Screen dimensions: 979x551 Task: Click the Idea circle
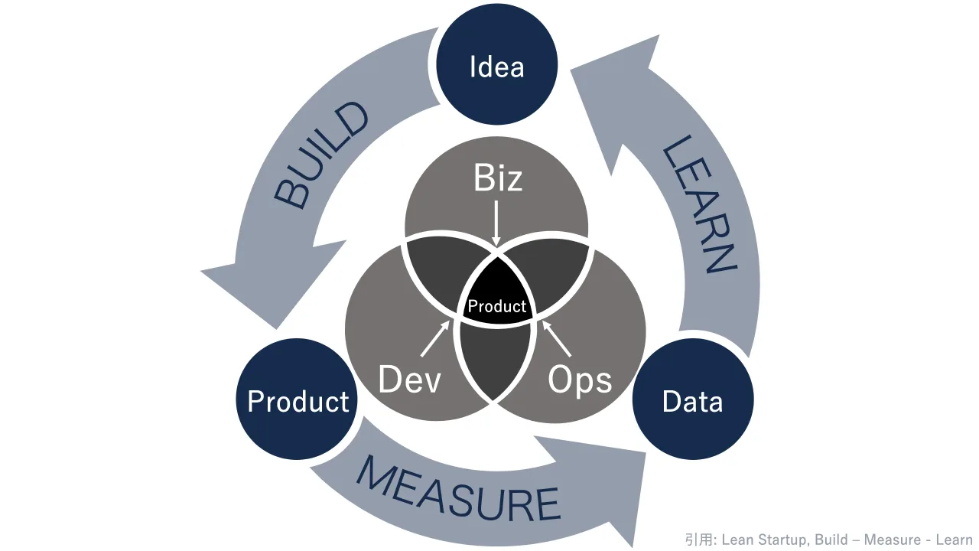tap(497, 64)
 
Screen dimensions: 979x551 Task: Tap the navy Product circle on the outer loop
tap(297, 399)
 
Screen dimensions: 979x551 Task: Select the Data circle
tap(693, 399)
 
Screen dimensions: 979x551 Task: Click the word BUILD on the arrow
tap(321, 155)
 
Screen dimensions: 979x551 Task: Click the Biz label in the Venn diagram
tap(498, 178)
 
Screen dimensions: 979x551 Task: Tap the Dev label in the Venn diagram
tap(409, 379)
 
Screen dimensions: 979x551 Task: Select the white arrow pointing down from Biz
tap(496, 223)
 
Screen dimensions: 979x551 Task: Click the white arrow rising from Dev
tap(435, 338)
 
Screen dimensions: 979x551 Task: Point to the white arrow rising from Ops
tap(556, 338)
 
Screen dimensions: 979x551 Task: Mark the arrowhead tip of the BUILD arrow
tap(201, 272)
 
